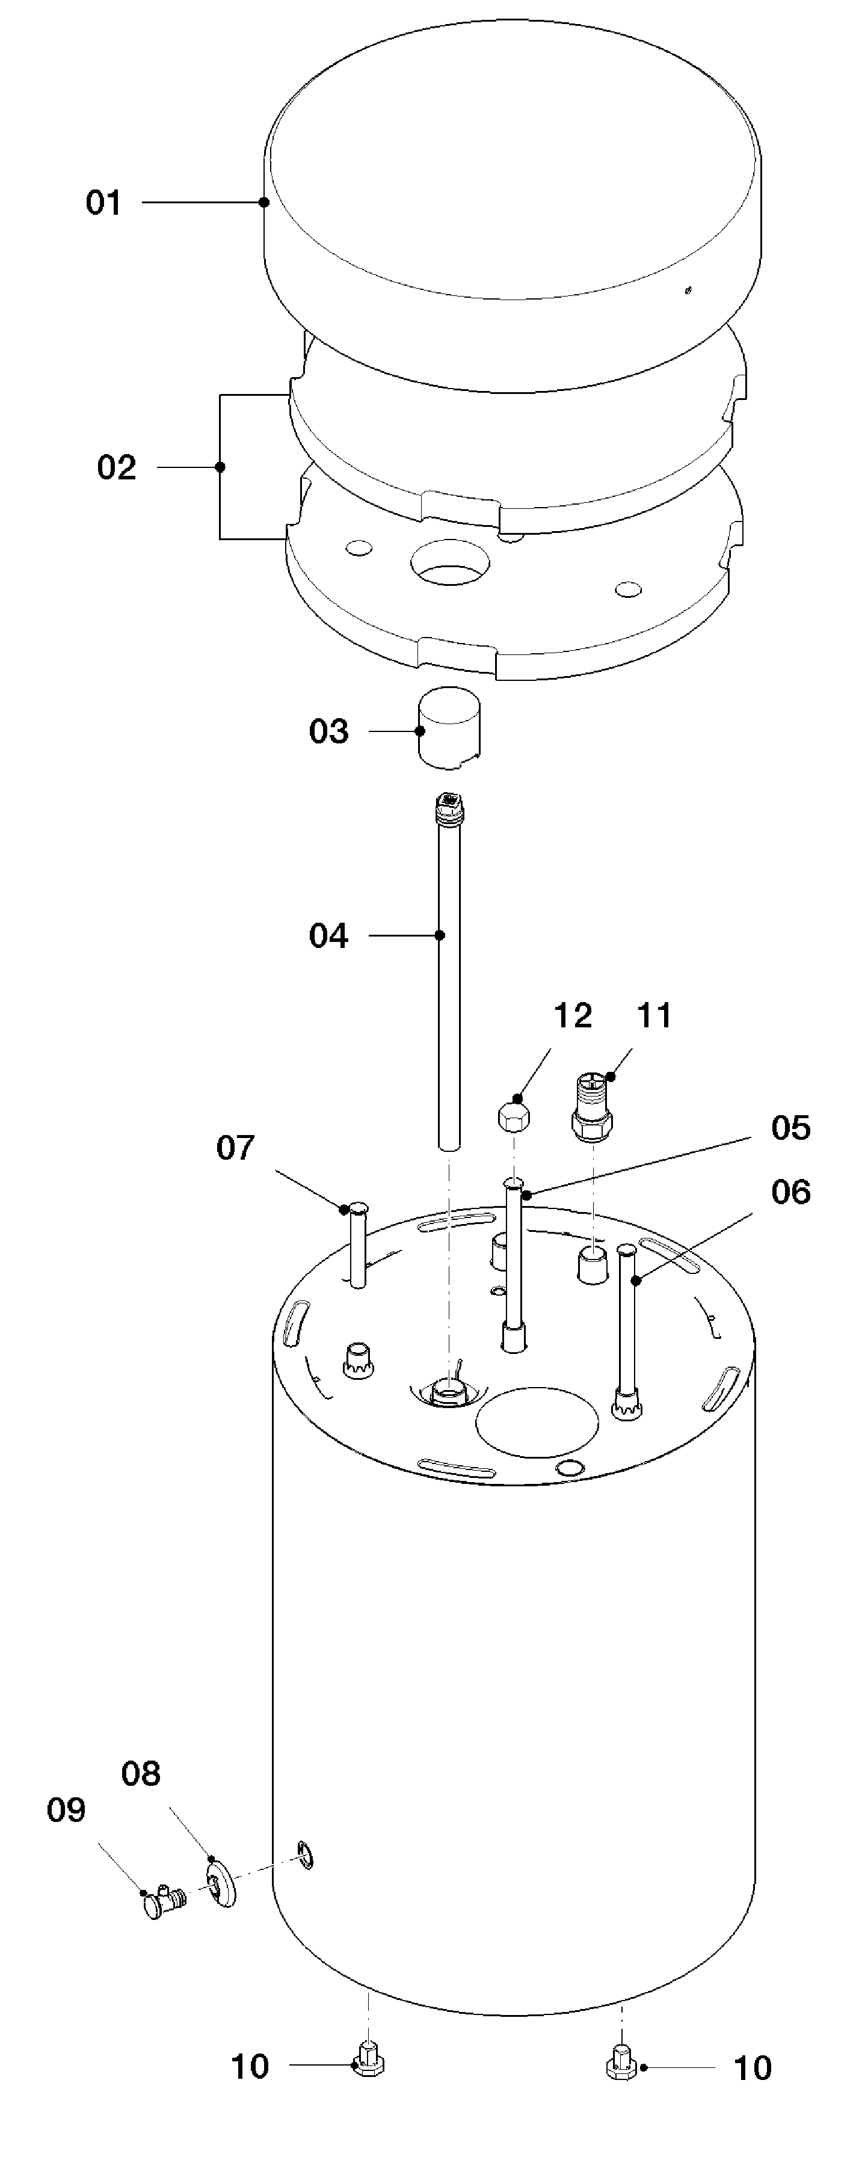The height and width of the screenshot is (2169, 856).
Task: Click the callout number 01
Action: [x=103, y=203]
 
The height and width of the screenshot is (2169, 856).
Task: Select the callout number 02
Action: [x=116, y=467]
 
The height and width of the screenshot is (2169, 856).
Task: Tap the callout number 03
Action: [x=328, y=731]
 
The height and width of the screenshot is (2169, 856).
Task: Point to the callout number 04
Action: [x=328, y=935]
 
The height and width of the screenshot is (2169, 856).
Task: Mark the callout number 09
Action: [x=66, y=1809]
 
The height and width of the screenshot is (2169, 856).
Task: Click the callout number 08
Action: [x=141, y=1774]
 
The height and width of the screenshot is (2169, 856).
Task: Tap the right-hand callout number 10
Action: [x=753, y=2068]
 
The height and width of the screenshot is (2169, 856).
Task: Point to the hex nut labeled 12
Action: [x=514, y=1118]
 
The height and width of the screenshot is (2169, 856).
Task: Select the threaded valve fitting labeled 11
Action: [x=592, y=1106]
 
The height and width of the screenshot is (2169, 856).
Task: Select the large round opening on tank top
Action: [x=537, y=1422]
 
